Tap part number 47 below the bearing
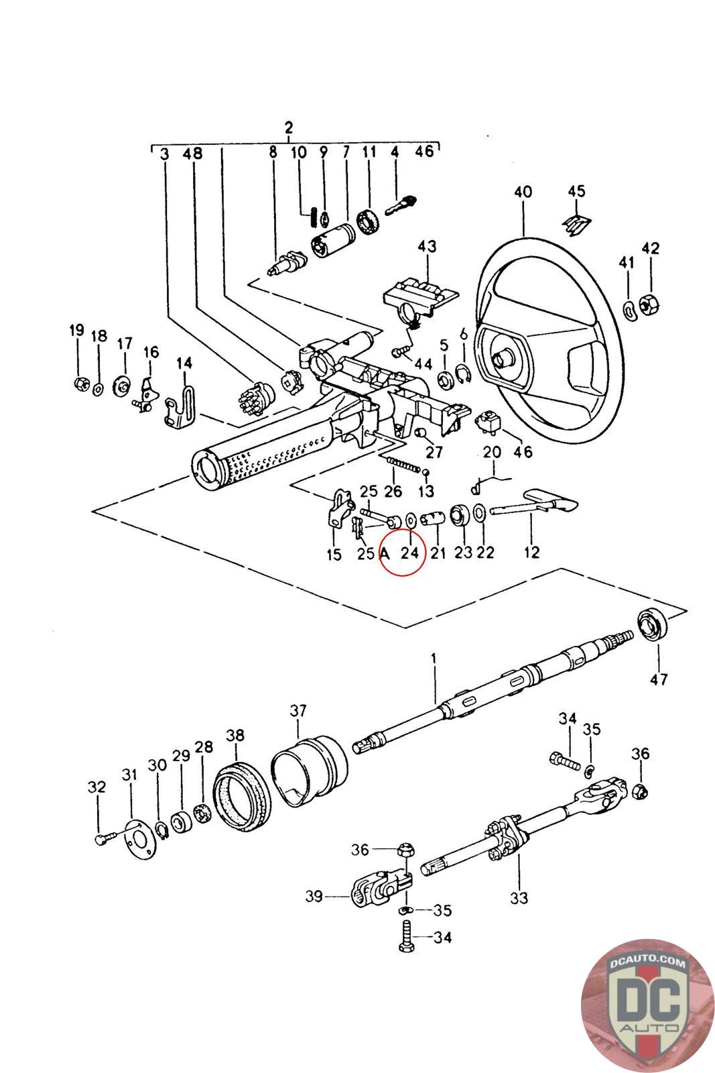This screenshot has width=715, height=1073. (659, 679)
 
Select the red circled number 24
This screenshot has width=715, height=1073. (409, 553)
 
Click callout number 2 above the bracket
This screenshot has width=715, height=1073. (288, 127)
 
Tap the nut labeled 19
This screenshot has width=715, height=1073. (82, 383)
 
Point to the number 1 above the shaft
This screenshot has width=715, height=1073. (434, 658)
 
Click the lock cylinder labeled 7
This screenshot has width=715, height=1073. (334, 239)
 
